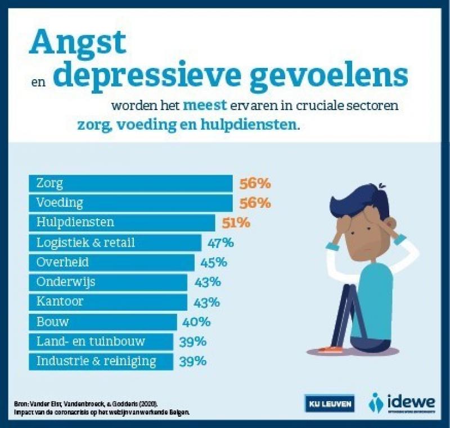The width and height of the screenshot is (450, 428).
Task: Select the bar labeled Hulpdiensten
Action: [x=121, y=222]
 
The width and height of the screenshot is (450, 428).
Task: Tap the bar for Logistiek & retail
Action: [x=115, y=243]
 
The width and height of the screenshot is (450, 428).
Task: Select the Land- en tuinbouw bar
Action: [x=101, y=342]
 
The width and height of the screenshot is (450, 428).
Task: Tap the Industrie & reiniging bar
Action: [x=101, y=361]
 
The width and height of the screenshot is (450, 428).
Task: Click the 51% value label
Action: [x=235, y=222]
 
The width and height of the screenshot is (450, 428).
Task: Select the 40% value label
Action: [x=197, y=322]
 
